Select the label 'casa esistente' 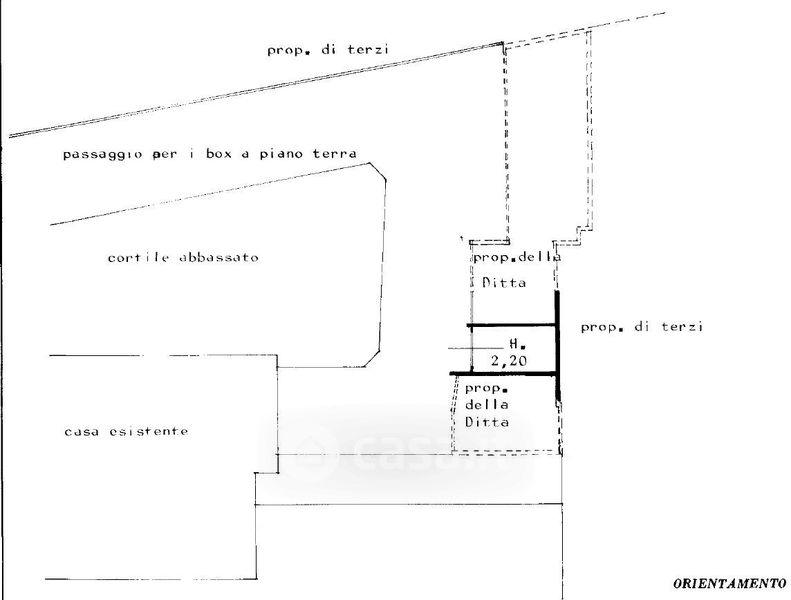(x=126, y=431)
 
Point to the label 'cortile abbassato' (x=183, y=257)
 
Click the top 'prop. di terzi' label (x=328, y=49)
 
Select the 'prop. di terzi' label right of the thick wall (x=642, y=326)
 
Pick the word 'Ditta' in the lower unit (x=488, y=422)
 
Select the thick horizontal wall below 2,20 (x=504, y=373)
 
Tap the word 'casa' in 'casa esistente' (x=83, y=431)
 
